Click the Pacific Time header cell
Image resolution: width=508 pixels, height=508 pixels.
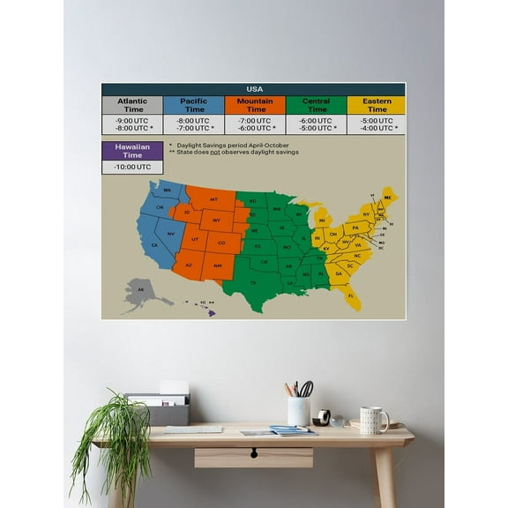193,105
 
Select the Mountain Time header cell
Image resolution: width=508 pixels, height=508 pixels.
254,105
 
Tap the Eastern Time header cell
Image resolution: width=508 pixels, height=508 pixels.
376,105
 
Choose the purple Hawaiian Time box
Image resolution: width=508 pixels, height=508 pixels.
132,150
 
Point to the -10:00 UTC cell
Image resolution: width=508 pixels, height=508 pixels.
132,167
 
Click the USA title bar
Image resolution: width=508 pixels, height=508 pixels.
253,89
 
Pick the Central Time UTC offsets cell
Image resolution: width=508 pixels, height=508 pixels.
315,124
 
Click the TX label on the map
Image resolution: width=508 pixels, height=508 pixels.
254,282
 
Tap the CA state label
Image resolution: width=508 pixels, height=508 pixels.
154,244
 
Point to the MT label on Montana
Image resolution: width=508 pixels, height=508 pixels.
213,199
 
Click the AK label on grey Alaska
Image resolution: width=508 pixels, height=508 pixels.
140,289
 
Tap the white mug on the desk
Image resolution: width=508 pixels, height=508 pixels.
372,420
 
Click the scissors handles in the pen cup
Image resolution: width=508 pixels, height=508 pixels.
306,388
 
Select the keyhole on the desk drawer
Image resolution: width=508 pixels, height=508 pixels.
254,452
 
